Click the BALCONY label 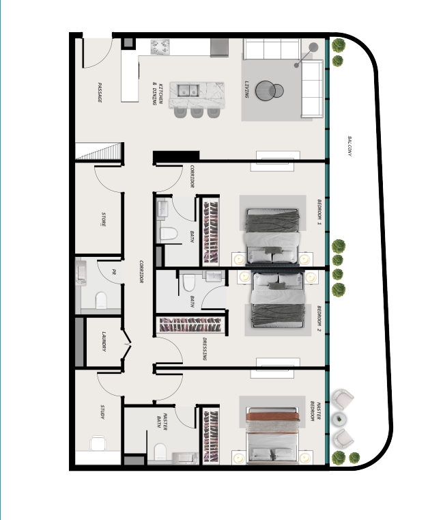tap(349, 146)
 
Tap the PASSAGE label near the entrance tap(100, 92)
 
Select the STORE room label tap(104, 219)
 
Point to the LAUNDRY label tap(104, 341)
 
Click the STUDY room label tap(102, 412)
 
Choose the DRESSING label tap(204, 349)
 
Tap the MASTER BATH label tap(162, 422)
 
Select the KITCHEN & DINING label tap(158, 94)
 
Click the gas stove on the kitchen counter tap(160, 47)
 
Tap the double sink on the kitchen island tap(188, 90)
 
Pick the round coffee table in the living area tap(266, 90)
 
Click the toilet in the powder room tap(101, 300)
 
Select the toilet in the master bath tap(160, 452)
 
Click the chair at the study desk tap(98, 443)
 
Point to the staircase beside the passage tap(100, 151)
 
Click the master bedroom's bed tap(273, 434)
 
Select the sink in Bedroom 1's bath tap(162, 208)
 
